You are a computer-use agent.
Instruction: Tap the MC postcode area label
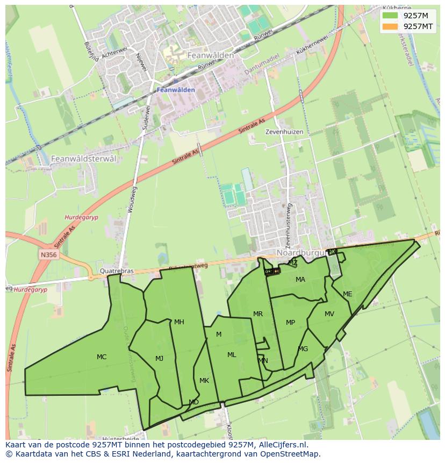click(x=102, y=357)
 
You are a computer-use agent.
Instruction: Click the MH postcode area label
click(x=179, y=322)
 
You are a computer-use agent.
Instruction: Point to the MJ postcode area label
click(x=160, y=359)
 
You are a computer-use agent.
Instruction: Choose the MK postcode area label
click(x=204, y=381)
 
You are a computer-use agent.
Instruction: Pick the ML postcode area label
click(x=232, y=355)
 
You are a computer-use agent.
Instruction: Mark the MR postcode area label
click(x=258, y=314)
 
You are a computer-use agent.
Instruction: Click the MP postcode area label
click(x=290, y=323)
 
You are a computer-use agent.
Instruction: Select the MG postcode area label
click(x=303, y=349)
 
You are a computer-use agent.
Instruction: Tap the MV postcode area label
click(x=329, y=314)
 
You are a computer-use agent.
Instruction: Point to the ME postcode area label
click(x=348, y=294)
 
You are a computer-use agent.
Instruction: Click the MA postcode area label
click(x=300, y=280)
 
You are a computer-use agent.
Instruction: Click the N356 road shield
click(x=48, y=253)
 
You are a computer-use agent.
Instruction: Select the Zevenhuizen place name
click(x=284, y=132)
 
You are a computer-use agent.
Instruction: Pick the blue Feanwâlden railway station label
click(x=176, y=90)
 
